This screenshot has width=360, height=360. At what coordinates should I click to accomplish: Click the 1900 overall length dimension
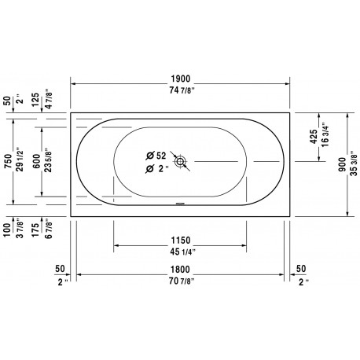point(181,79)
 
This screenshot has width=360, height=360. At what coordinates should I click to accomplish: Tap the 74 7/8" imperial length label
point(182,90)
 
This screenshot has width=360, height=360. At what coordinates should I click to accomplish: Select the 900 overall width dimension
point(342,164)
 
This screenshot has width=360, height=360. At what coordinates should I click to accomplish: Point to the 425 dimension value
point(314,137)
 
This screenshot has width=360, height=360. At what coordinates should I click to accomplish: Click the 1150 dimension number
point(181,241)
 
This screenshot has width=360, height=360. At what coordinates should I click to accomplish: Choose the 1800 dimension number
point(180,270)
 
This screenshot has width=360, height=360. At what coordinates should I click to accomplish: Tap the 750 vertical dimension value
point(9,161)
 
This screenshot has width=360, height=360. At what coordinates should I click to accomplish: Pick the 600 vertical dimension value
point(37,161)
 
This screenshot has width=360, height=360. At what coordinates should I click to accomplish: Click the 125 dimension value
point(35,99)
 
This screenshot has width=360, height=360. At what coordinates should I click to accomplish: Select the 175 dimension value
point(35,230)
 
